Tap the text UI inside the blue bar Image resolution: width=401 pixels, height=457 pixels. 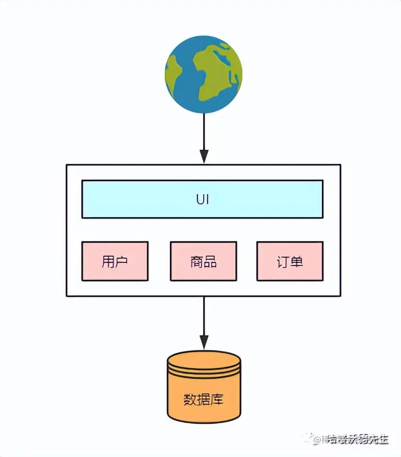203,199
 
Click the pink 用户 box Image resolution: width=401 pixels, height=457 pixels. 115,261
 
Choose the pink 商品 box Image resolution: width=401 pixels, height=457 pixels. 203,261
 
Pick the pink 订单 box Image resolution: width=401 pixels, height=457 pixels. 290,261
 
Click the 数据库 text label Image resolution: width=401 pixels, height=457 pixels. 204,400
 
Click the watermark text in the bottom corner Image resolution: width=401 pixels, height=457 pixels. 354,439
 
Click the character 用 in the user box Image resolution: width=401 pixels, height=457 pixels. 108,261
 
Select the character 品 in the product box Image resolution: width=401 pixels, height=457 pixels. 210,261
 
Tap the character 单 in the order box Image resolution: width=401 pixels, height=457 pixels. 296,261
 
